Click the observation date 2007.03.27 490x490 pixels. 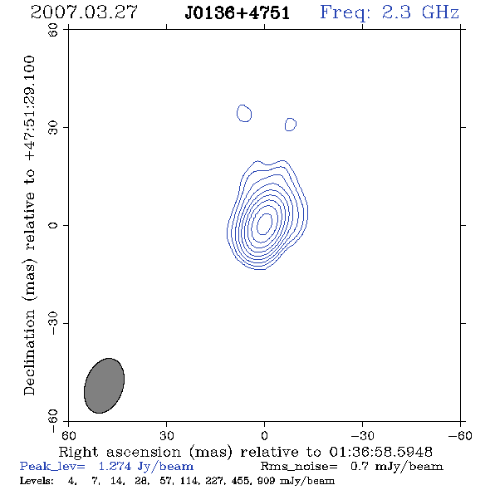coord(84,12)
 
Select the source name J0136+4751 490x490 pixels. coord(238,13)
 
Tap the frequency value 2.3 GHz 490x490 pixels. coord(420,12)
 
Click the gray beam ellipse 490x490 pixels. coord(105,385)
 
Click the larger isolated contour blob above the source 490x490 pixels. coord(244,113)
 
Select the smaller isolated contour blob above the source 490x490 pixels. coord(291,125)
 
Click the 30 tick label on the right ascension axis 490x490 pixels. coord(167,435)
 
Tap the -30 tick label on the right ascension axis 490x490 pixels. coord(362,435)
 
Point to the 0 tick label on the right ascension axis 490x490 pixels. coord(264,435)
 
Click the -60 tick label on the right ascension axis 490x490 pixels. coord(460,435)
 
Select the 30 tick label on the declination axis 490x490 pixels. coord(53,127)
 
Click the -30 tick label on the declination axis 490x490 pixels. coord(53,323)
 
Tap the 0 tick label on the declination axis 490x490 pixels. coord(53,225)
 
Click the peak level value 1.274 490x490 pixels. coord(115,466)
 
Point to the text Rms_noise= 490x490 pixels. coord(299,467)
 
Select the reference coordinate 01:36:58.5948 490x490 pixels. coord(381,452)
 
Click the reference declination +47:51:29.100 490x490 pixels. coord(29,108)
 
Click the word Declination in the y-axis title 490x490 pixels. coord(29,352)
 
